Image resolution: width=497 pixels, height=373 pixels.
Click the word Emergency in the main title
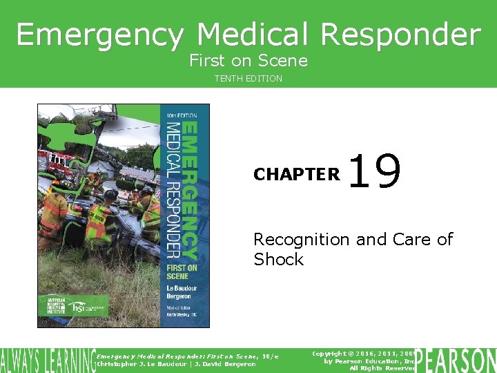pos(101,35)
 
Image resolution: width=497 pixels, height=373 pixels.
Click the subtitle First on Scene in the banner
pos(248,61)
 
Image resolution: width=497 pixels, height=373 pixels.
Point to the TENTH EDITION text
pos(248,79)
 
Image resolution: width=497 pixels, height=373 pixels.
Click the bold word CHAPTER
pos(297,175)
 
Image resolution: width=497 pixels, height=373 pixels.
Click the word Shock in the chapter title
pos(279,259)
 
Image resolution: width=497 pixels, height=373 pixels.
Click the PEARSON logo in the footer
pos(456,359)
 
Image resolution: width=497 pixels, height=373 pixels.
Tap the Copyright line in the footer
pos(362,353)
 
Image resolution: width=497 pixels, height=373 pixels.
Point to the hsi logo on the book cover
pos(79,306)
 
